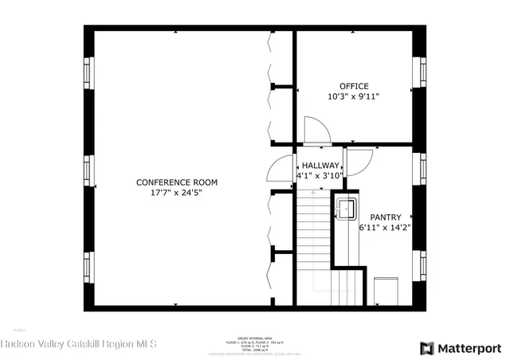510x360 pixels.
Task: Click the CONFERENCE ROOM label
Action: [176, 182]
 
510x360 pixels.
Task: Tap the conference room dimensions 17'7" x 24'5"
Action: [176, 192]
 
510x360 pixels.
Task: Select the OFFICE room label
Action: [354, 86]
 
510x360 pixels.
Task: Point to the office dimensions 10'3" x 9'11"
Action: [354, 96]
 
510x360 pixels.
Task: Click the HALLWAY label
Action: [320, 166]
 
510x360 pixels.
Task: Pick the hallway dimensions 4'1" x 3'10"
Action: [320, 175]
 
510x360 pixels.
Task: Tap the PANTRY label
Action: [385, 217]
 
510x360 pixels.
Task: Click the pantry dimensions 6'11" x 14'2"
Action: [385, 227]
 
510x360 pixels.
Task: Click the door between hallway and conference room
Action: [280, 169]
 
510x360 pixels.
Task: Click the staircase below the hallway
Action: [314, 247]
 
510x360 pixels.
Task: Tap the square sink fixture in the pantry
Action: [346, 209]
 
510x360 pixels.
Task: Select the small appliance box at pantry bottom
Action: [385, 290]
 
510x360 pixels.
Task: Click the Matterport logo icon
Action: [427, 348]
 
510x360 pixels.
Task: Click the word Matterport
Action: [469, 348]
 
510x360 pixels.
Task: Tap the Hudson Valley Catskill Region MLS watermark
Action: [79, 344]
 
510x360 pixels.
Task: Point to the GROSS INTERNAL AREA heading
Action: [254, 338]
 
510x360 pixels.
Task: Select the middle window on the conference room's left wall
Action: [88, 170]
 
